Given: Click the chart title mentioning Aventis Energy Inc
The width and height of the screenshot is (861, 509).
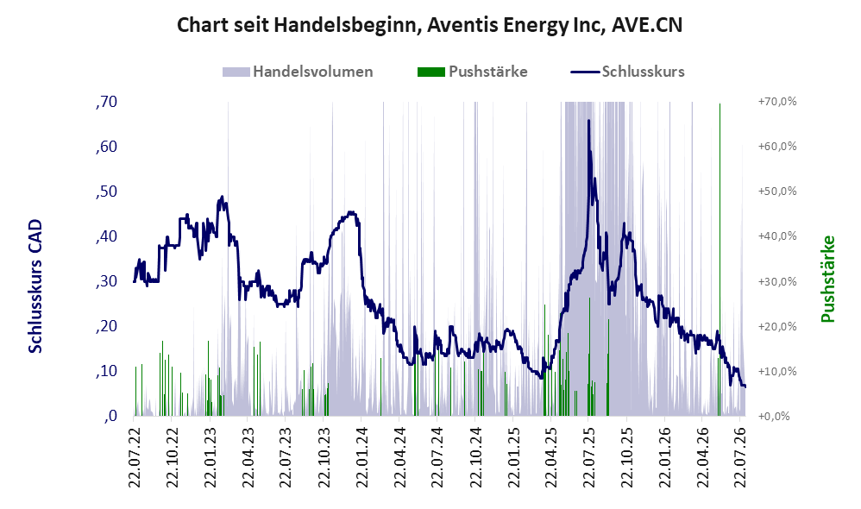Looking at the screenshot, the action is point(430,25).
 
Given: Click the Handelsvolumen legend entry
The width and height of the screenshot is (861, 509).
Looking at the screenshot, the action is point(298,72).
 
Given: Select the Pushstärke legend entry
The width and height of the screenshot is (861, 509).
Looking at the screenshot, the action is point(472,72).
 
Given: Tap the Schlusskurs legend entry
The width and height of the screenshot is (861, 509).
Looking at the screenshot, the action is point(627,72).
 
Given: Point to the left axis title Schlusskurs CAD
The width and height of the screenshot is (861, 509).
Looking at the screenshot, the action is point(35,286).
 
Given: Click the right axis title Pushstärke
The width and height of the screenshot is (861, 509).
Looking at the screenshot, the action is point(827,279).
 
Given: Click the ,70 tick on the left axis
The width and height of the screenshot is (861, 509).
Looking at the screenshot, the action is point(106,102).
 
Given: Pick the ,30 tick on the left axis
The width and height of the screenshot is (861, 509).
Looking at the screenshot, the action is point(106,281).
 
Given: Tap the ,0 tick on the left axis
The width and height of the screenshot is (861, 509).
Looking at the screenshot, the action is point(110,416).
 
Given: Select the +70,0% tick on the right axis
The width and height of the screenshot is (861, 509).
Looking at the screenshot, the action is point(777,102).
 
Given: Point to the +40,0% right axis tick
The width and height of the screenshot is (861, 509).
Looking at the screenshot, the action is point(777,236).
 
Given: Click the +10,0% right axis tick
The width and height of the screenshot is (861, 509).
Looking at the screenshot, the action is point(777,371).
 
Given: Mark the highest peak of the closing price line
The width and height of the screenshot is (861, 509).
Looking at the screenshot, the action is point(588,120).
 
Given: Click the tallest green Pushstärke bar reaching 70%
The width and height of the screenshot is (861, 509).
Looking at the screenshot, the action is point(720,259).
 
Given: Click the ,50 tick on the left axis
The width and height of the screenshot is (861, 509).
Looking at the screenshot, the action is point(106,191).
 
